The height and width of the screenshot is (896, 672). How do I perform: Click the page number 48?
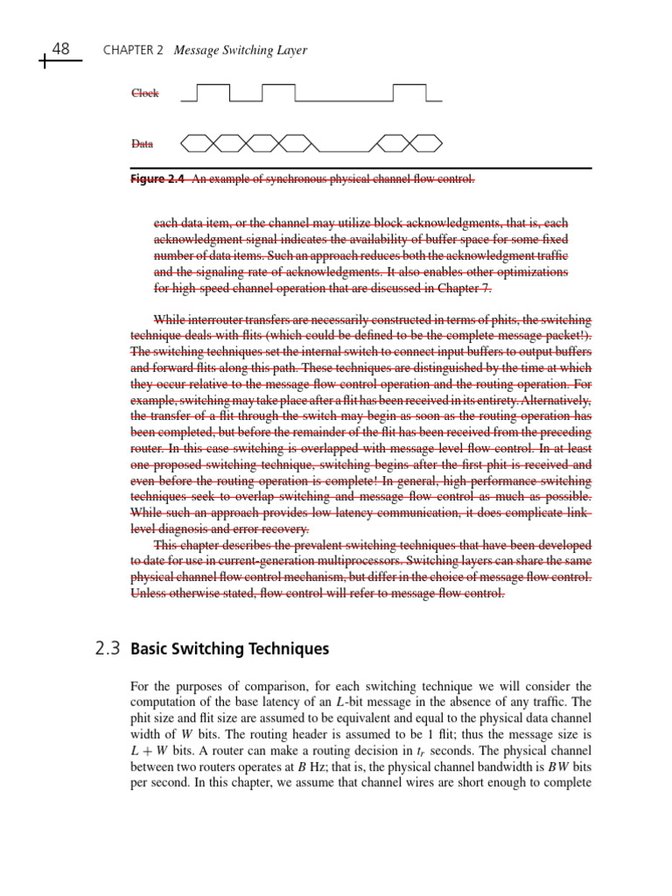click(x=61, y=49)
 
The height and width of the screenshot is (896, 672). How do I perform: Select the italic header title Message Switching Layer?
click(x=241, y=51)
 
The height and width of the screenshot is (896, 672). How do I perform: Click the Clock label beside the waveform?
click(x=145, y=94)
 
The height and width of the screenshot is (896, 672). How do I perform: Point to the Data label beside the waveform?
click(x=142, y=143)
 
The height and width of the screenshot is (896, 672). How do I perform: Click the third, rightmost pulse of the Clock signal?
click(x=409, y=92)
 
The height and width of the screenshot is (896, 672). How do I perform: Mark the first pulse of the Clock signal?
click(x=213, y=92)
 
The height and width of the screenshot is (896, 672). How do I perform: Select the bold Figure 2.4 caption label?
click(x=157, y=179)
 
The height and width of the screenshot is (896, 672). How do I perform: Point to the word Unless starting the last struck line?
click(x=148, y=593)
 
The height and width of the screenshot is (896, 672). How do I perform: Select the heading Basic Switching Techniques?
click(x=229, y=649)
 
